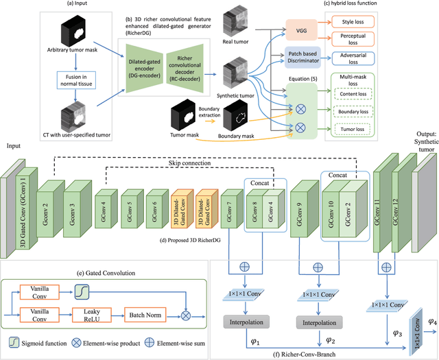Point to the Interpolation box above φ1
(244, 321)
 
